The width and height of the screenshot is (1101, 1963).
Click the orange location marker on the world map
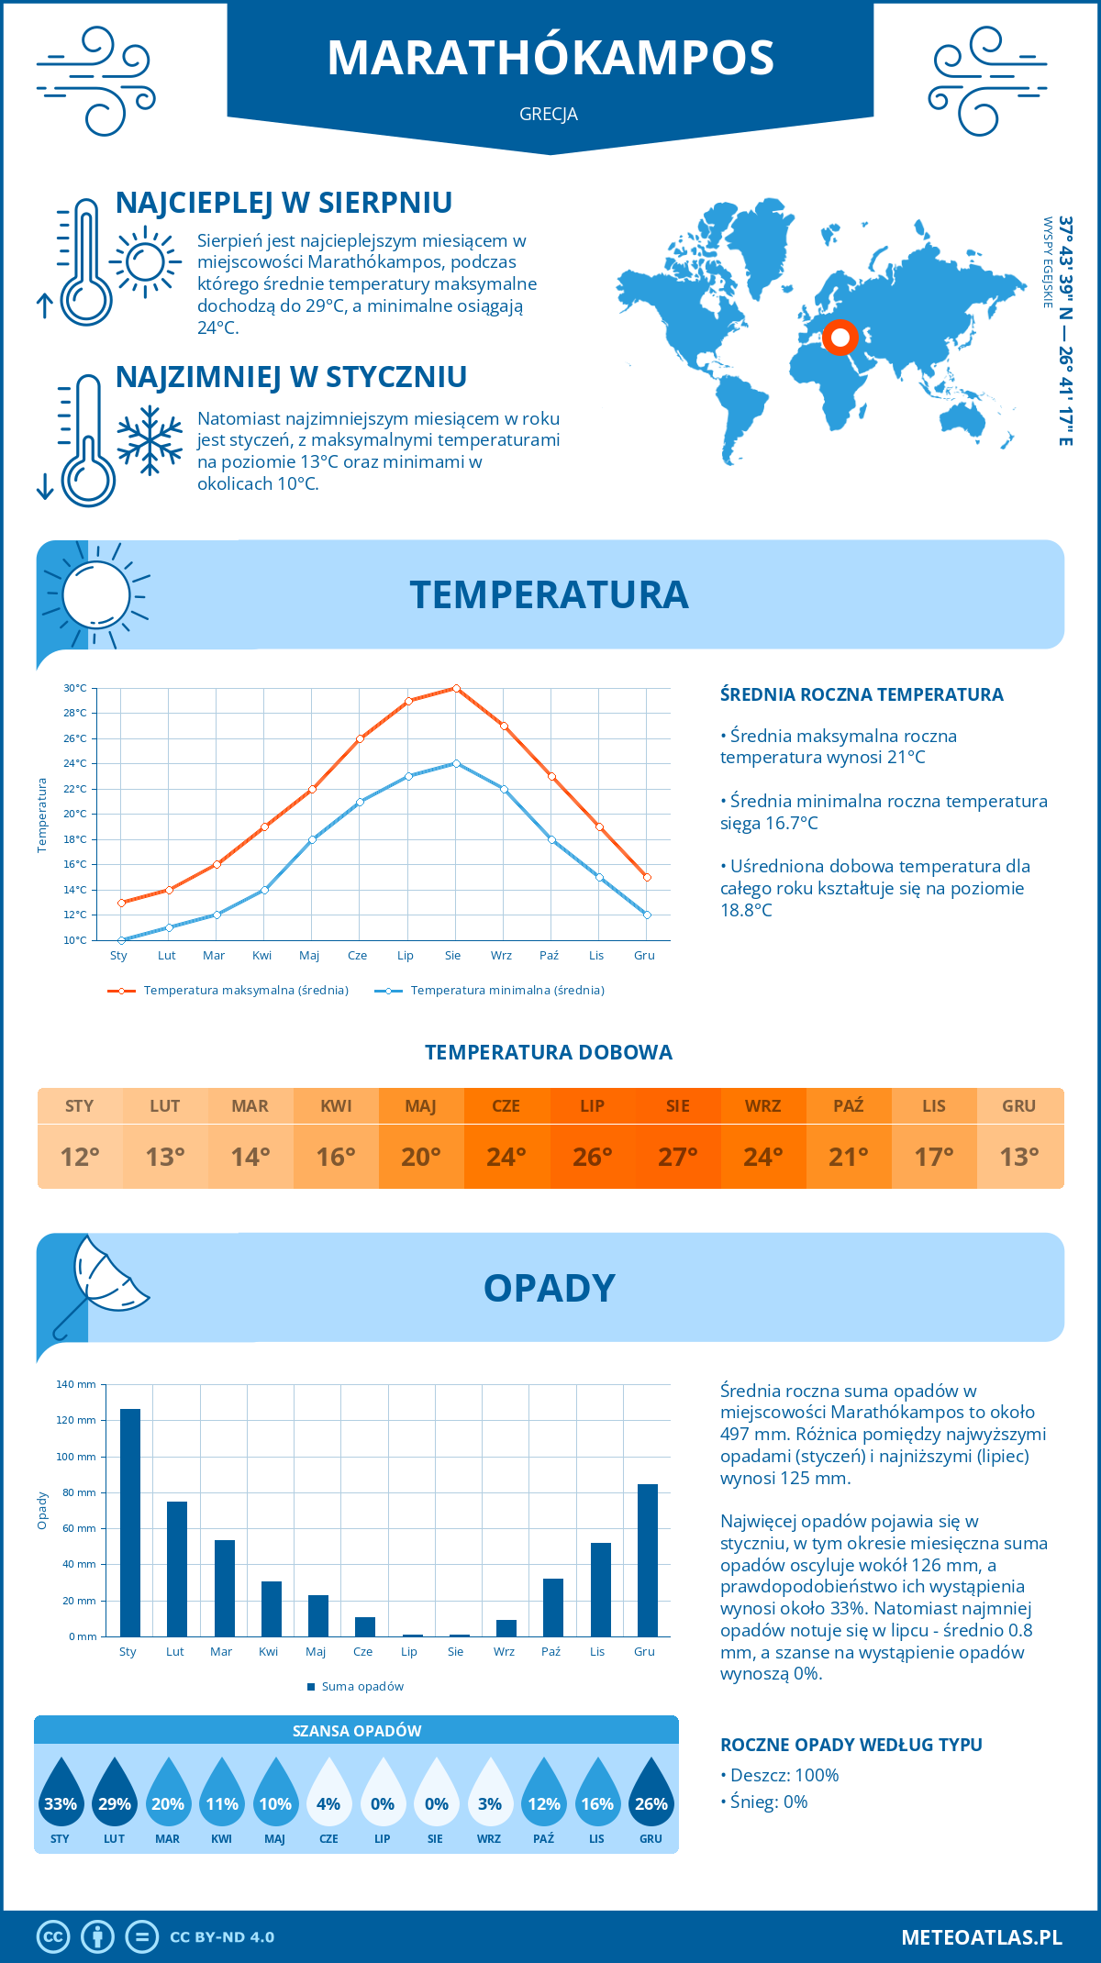pyautogui.click(x=840, y=337)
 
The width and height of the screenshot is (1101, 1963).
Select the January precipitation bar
pyautogui.click(x=130, y=1523)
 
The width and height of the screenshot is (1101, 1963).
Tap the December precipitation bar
pyautogui.click(x=648, y=1559)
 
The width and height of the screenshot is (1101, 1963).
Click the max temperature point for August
pyautogui.click(x=456, y=688)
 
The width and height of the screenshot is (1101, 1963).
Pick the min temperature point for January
pyautogui.click(x=121, y=940)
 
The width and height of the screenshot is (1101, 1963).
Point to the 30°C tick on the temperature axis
pyautogui.click(x=75, y=688)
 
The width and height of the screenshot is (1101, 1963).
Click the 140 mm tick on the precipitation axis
pyautogui.click(x=76, y=1384)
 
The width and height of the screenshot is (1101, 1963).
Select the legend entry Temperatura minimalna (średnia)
pyautogui.click(x=490, y=991)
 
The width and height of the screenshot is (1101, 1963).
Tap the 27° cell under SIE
pyautogui.click(x=677, y=1157)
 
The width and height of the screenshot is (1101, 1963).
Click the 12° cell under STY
pyautogui.click(x=80, y=1157)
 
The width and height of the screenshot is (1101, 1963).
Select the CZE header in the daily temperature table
pyautogui.click(x=506, y=1105)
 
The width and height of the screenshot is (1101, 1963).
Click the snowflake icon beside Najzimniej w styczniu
pyautogui.click(x=150, y=440)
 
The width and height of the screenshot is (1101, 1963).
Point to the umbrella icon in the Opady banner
pyautogui.click(x=101, y=1280)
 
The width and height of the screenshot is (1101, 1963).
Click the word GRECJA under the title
pyautogui.click(x=549, y=114)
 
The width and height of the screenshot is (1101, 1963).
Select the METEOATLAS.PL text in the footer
pyautogui.click(x=982, y=1937)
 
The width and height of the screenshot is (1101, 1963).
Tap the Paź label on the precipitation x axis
pyautogui.click(x=550, y=1651)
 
